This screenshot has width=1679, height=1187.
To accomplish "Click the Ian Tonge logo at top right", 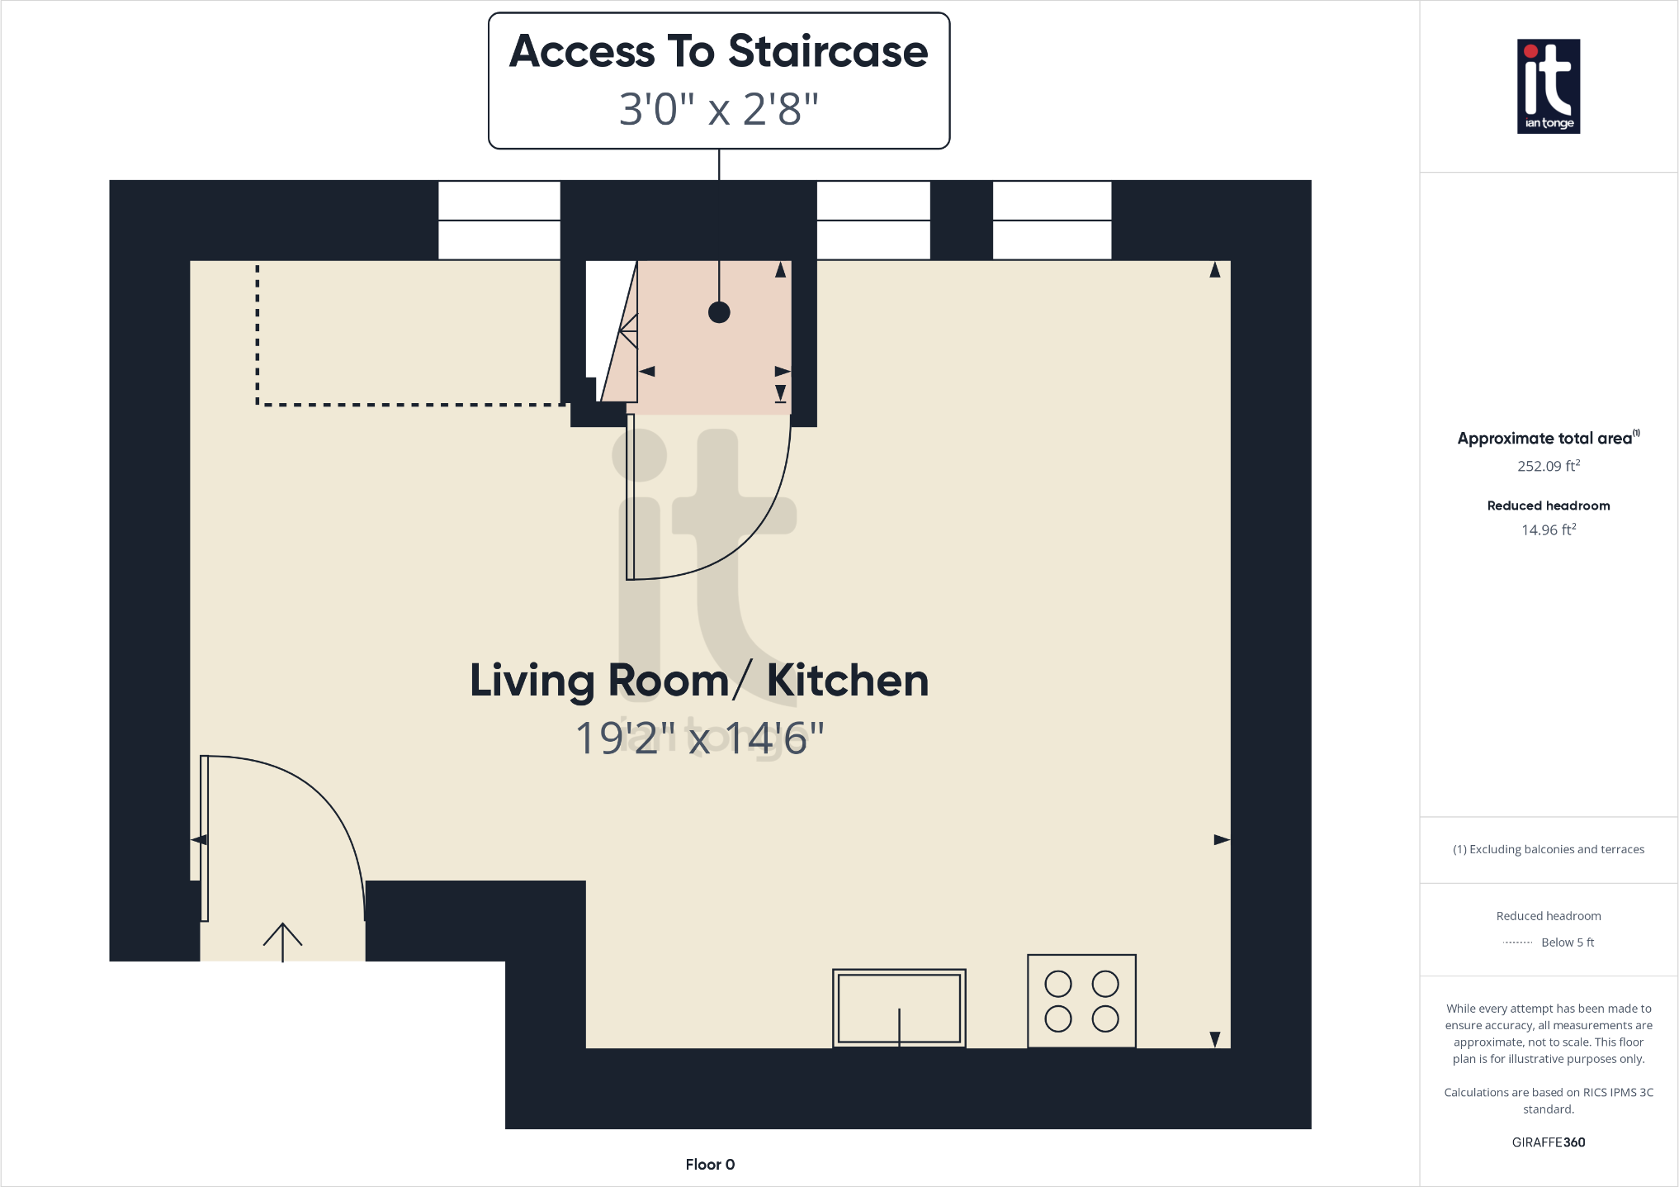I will point(1548,86).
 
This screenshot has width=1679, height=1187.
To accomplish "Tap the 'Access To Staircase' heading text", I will point(718,51).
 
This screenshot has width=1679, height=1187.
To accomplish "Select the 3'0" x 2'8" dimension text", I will point(718,108).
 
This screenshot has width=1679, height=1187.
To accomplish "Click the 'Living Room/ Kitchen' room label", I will point(698,681).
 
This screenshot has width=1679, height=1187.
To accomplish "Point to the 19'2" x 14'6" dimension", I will point(698,738).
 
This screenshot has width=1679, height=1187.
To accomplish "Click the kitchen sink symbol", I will point(899,1008).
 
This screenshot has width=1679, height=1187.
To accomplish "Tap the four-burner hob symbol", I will point(1081,1001).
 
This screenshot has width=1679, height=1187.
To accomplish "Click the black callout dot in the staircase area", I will point(719,312).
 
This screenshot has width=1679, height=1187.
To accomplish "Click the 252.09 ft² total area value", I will point(1548,466).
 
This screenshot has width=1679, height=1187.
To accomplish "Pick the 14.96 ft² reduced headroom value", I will point(1548,529).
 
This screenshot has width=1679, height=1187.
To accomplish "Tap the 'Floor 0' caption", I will point(709,1164).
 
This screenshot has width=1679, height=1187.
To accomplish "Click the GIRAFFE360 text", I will point(1548,1142).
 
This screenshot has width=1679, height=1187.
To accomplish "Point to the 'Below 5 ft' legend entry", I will point(1567,942).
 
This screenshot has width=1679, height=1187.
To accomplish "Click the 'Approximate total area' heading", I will point(1545,439).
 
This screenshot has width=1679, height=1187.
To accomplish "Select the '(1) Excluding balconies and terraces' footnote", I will point(1548,849).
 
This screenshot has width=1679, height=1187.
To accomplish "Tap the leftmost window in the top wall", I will point(499,220).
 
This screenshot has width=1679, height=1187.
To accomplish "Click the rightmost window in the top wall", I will point(1052,220).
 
